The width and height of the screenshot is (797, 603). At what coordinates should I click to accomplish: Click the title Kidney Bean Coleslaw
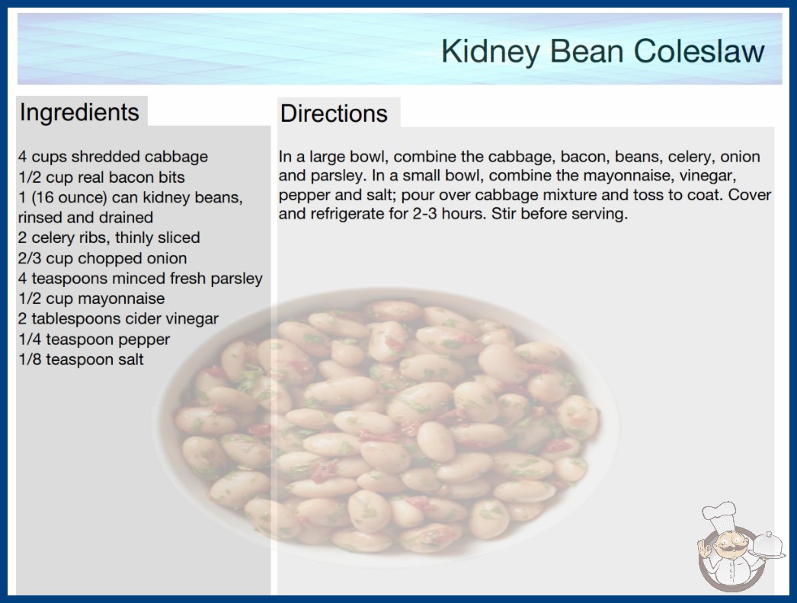(603, 52)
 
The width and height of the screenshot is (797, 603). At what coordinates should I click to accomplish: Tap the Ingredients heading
(79, 113)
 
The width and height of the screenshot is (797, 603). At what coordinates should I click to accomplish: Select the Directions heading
(334, 113)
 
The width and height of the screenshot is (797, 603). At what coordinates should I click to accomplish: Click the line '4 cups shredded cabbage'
(113, 157)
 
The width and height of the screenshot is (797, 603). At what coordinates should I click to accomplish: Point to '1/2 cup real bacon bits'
(101, 177)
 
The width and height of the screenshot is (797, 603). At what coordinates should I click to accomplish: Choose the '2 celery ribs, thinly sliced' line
(109, 238)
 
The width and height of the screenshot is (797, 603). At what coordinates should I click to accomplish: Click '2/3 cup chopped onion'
(102, 258)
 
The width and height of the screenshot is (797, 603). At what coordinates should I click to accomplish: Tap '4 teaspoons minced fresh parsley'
(140, 279)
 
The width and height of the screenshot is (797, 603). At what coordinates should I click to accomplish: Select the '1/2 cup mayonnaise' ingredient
(91, 298)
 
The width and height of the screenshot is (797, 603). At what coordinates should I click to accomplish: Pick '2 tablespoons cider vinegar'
(118, 319)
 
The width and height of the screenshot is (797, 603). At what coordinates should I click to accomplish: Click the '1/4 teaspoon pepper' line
(94, 340)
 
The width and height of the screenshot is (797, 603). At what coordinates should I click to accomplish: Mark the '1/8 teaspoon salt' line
(81, 359)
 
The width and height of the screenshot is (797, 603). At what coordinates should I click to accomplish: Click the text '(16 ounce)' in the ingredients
(69, 197)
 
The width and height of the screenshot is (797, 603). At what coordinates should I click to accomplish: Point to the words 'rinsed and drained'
(85, 218)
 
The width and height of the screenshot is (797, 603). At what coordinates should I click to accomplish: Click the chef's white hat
(719, 516)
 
